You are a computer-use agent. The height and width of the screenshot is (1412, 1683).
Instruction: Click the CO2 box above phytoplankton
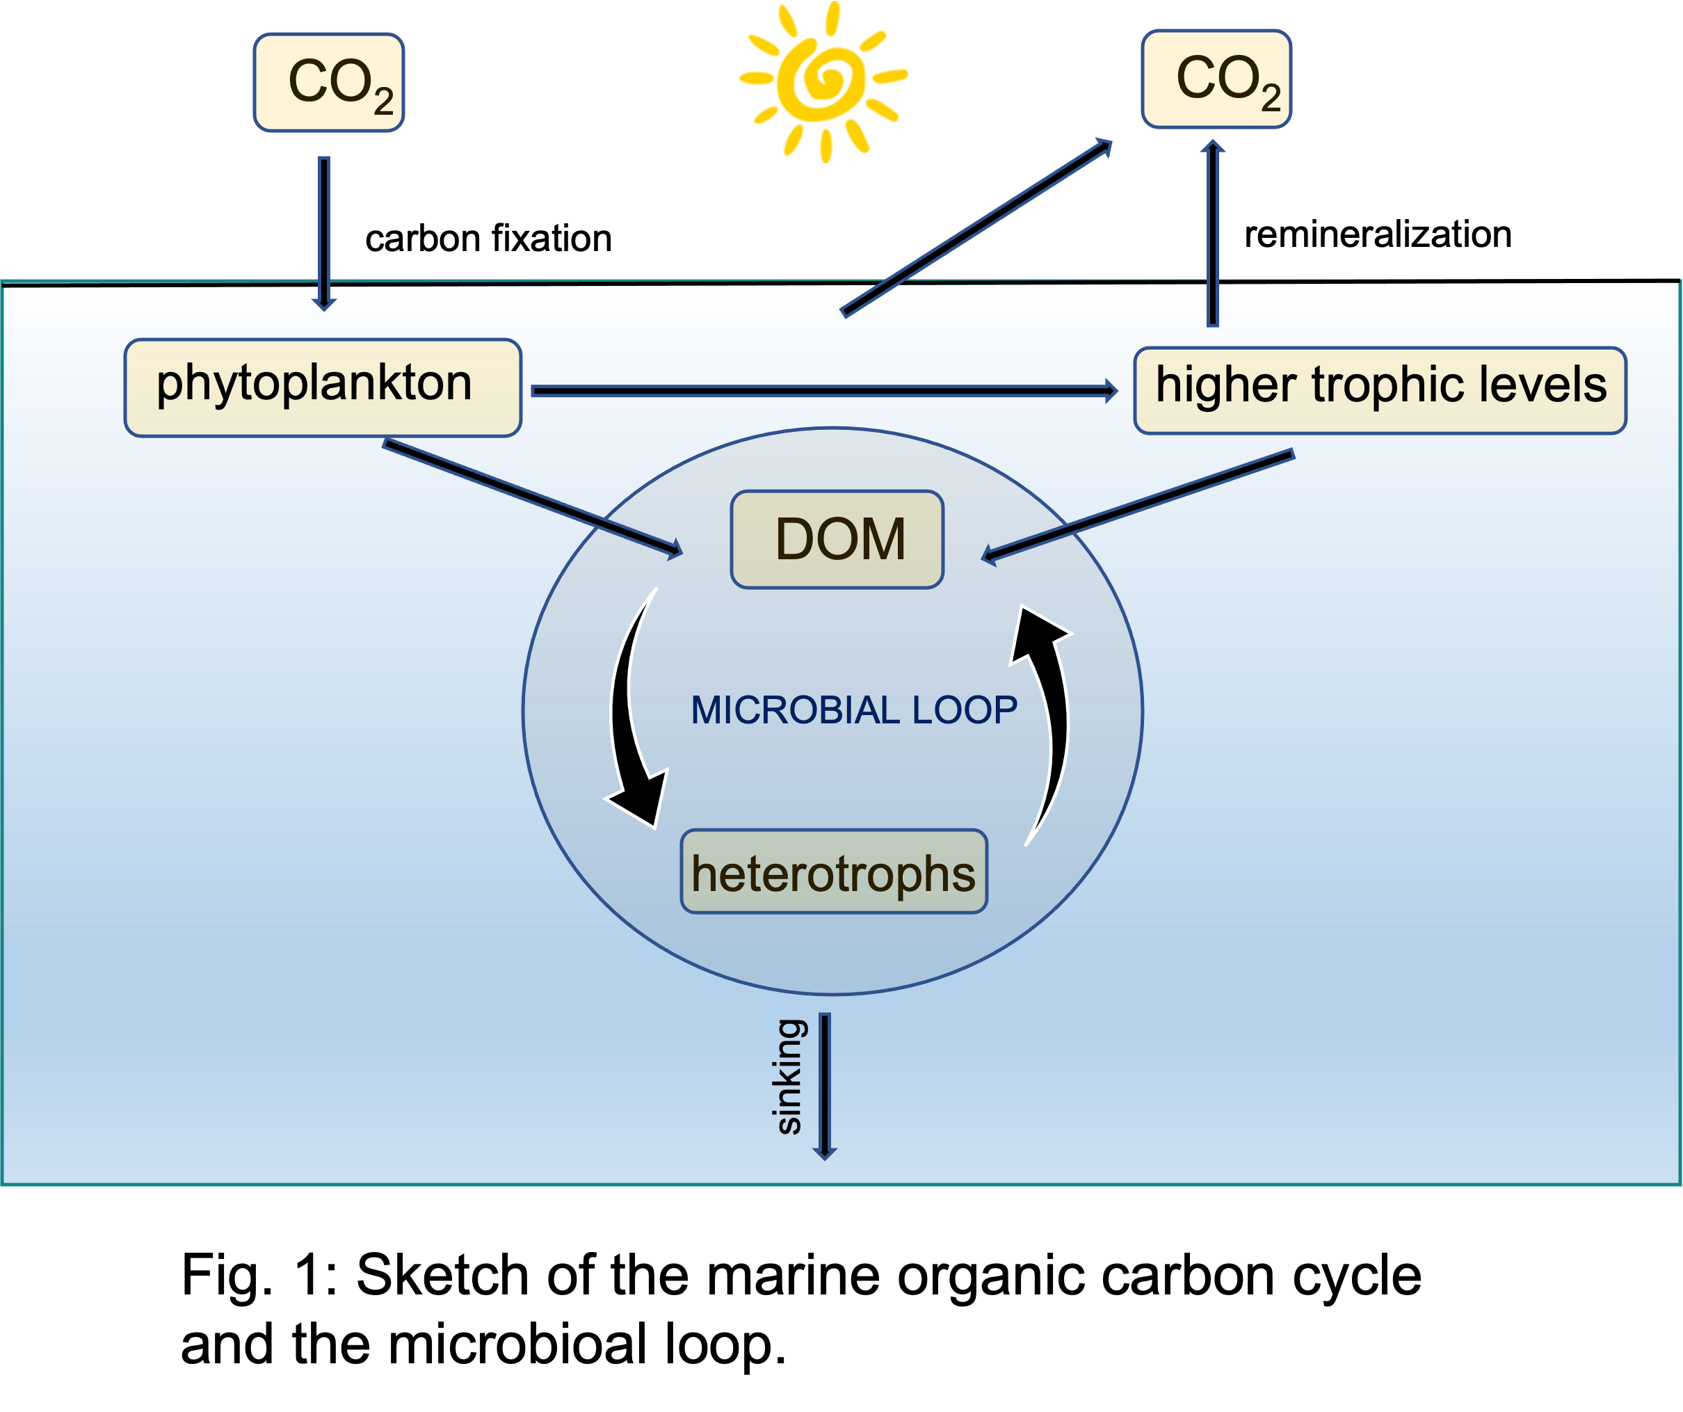tap(328, 83)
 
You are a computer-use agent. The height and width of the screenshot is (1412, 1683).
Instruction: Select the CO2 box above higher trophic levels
tap(1216, 79)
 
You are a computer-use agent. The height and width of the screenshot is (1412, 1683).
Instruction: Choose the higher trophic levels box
tap(1380, 390)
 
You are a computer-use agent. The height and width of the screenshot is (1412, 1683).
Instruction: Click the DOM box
tap(837, 539)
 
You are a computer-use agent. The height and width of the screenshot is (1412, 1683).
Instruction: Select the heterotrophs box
tap(833, 872)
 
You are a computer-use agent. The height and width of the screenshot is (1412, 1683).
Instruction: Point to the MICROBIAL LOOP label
tap(853, 710)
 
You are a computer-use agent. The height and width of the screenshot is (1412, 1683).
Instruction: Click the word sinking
tap(789, 1076)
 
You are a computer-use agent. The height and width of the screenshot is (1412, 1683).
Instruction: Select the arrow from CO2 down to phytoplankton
tap(324, 232)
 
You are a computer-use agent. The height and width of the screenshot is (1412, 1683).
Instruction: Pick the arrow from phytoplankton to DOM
tap(533, 497)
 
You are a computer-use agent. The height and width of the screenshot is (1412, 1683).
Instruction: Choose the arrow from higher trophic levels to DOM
tap(1138, 506)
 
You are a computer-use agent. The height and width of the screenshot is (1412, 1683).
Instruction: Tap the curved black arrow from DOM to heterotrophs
tap(629, 713)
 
